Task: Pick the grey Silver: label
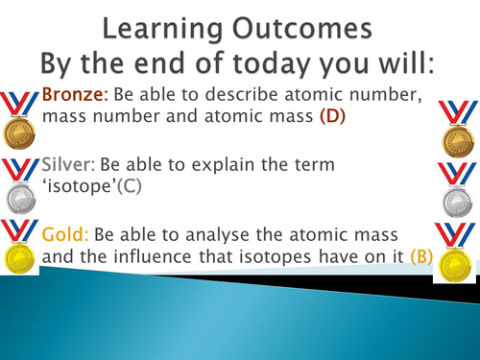click(69, 164)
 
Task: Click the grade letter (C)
click(130, 186)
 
